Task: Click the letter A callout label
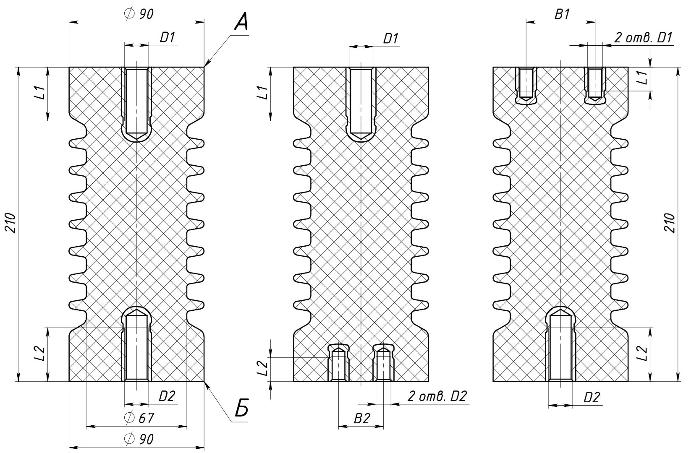pos(241,22)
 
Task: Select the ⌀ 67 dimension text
pos(140,418)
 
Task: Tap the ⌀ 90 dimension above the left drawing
pos(139,14)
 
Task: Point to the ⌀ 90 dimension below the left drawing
pos(139,439)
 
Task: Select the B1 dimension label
pos(562,15)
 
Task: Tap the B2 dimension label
pos(362,418)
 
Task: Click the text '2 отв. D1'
pos(643,38)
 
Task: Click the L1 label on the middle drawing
pos(263,93)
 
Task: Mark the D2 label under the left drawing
pos(167,396)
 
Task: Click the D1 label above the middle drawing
pos(390,39)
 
